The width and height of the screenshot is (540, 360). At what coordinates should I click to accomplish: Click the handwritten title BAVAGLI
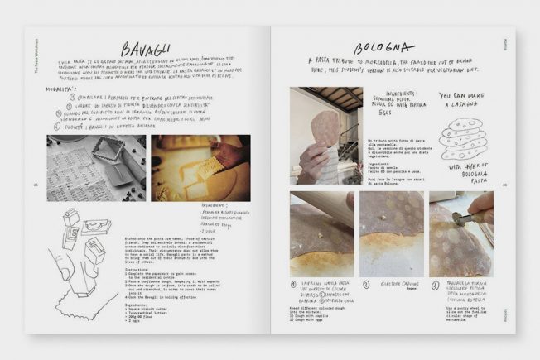(147, 50)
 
